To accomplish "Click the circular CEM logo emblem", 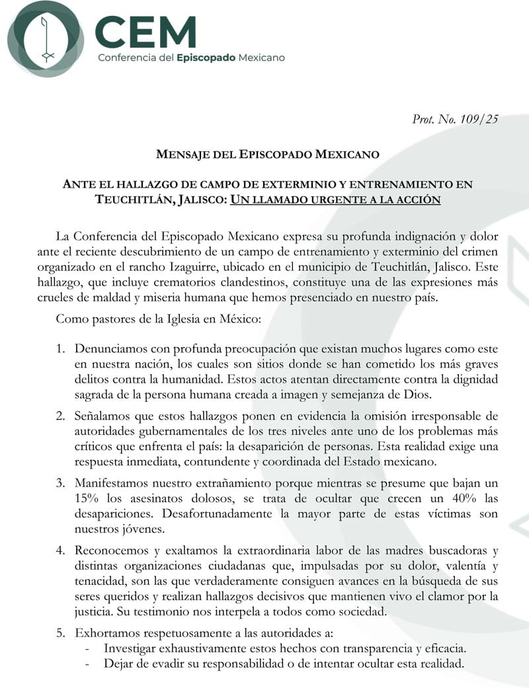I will tap(45, 39).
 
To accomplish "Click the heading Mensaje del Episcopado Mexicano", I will tap(267, 155).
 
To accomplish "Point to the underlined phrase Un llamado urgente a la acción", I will tap(335, 199).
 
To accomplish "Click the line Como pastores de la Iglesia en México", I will tap(159, 319).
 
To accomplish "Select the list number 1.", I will tap(60, 348).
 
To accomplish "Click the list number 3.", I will tap(60, 483).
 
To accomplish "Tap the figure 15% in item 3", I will tap(88, 499).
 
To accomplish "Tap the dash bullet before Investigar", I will tap(88, 648).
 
